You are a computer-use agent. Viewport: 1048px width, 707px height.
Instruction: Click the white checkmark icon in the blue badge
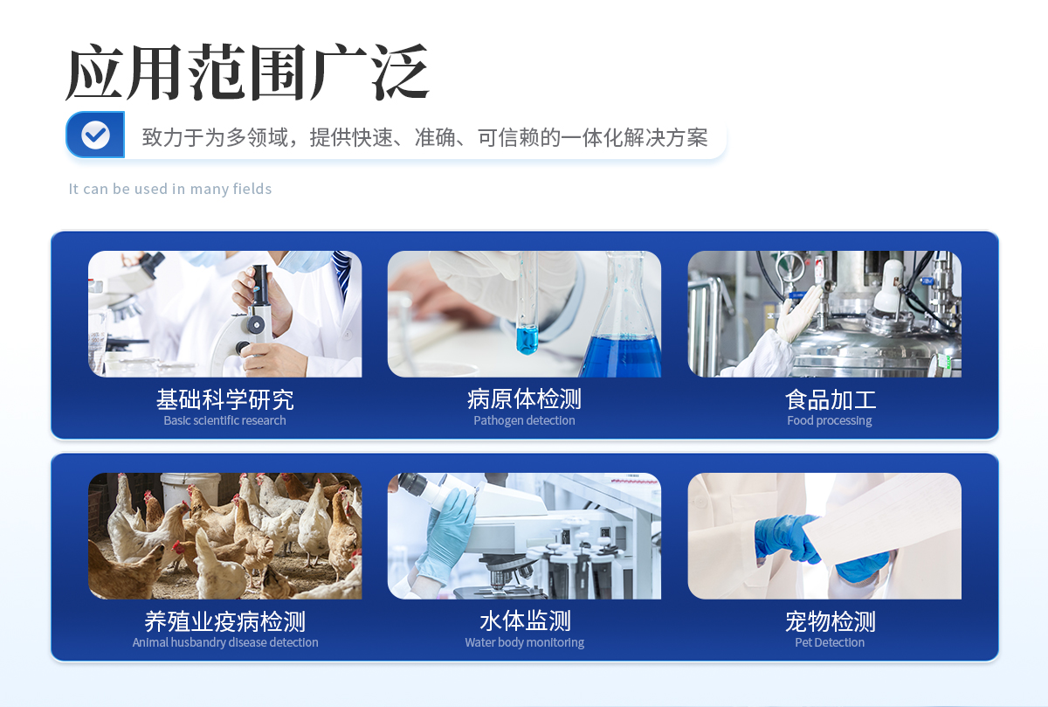tap(95, 135)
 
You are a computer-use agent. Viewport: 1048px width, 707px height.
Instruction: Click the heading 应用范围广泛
tap(247, 72)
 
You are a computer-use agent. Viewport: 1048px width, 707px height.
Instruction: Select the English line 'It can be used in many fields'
tap(169, 189)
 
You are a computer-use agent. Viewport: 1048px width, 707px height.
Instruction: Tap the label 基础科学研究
tap(225, 399)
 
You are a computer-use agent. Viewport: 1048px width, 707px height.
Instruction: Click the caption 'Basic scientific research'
tap(224, 420)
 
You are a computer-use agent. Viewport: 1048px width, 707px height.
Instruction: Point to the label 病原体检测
tap(524, 399)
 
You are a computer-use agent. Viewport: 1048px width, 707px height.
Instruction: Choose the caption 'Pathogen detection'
tap(524, 420)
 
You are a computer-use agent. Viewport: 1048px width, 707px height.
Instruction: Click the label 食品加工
tap(830, 400)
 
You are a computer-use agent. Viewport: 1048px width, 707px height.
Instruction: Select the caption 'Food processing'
tap(830, 420)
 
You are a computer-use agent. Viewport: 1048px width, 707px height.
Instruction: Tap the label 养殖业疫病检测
tap(225, 621)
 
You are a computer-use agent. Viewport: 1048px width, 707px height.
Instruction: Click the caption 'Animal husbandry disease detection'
tap(225, 642)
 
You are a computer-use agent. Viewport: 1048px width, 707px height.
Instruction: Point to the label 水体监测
tap(525, 621)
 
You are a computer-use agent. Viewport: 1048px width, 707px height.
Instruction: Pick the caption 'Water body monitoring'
tap(525, 642)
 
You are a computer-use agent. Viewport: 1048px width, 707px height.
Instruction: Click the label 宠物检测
tap(830, 621)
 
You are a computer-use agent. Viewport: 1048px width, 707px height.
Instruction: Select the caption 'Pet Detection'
tap(830, 642)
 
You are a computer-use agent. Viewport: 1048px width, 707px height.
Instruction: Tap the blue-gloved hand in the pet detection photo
tap(787, 538)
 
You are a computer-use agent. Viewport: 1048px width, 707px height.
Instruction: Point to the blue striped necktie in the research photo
tap(343, 273)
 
